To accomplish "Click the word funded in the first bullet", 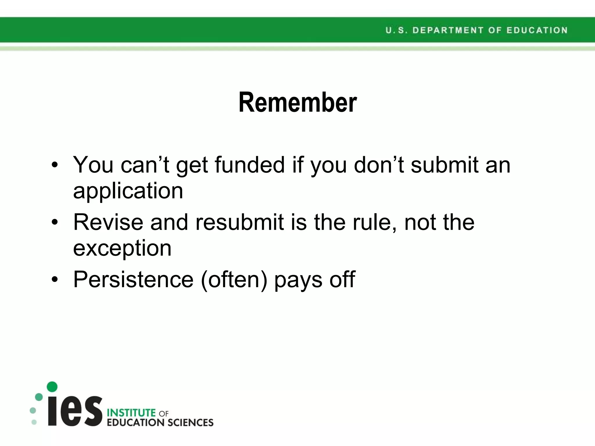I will point(250,165).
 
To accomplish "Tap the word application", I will point(128,191).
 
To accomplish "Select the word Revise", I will point(108,222).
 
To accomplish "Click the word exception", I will point(122,249).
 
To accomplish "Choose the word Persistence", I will point(133,279).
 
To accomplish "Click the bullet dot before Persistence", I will point(55,280).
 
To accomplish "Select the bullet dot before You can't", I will point(55,165).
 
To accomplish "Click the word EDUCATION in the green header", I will point(537,30).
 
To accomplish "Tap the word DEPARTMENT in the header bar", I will point(448,30).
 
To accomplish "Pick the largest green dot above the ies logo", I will point(52,387).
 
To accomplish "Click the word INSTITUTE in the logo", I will point(131,413).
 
